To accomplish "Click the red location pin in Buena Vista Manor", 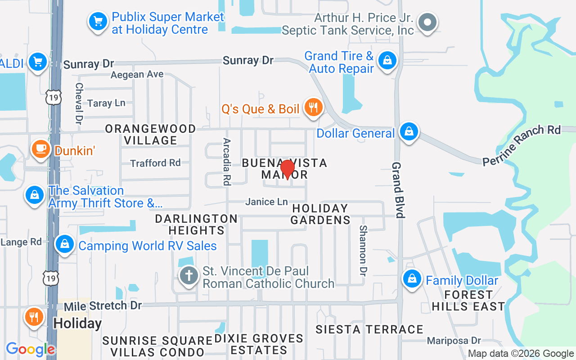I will [287, 169].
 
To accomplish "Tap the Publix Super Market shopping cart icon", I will [98, 21].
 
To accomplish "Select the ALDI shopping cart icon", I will [38, 62].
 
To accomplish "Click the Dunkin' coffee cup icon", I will [40, 148].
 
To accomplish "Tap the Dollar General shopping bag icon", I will [409, 132].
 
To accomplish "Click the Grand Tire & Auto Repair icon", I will [387, 60].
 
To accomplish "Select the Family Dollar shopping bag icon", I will [412, 279].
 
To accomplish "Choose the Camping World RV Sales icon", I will [65, 244].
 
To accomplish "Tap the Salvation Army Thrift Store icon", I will [35, 195].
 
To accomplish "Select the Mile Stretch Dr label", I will [103, 306].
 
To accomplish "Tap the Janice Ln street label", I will [266, 202].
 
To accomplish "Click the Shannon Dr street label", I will [363, 250].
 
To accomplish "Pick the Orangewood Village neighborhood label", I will [150, 135].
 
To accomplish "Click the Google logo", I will [31, 349].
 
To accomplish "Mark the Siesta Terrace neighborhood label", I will [369, 330].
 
